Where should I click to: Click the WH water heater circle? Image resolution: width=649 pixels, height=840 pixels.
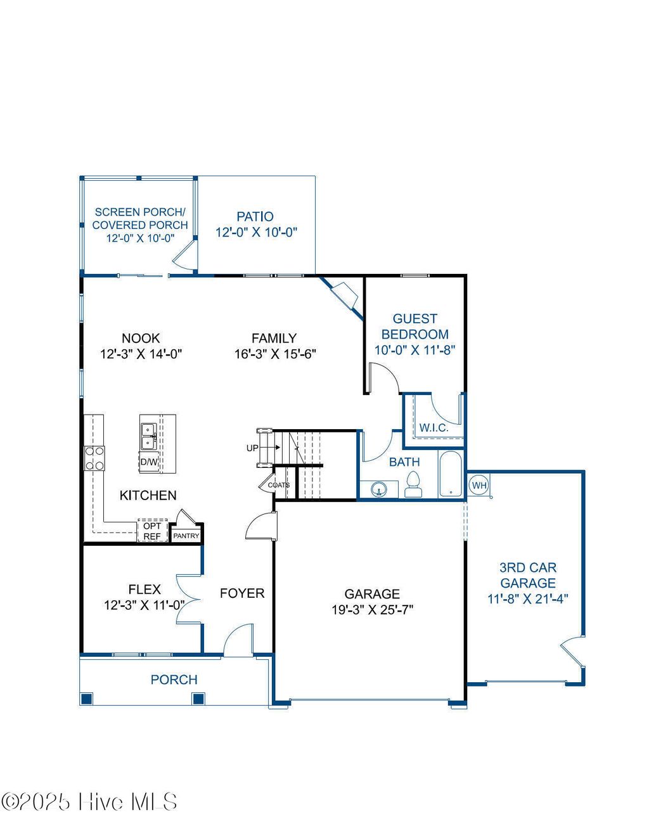click(479, 486)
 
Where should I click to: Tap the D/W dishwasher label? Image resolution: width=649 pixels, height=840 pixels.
click(149, 462)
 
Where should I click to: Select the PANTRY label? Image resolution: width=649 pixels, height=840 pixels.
click(186, 536)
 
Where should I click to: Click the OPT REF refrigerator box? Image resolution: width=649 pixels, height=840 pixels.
click(152, 531)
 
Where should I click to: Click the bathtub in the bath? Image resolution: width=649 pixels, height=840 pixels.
click(451, 474)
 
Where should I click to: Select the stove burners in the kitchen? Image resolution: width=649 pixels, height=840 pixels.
click(95, 458)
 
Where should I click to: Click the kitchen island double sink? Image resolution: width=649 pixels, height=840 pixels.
click(149, 436)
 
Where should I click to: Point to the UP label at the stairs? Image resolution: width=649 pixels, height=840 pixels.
click(252, 448)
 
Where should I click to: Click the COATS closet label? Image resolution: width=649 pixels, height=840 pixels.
click(278, 485)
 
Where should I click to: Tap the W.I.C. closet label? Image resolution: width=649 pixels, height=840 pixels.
click(434, 428)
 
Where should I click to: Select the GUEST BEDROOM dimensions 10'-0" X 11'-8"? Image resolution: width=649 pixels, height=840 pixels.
click(414, 350)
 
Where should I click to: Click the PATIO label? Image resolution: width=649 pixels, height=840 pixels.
click(255, 217)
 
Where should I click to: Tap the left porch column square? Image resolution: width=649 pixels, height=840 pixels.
click(87, 699)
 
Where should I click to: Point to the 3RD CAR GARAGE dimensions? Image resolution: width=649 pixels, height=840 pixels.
click(527, 598)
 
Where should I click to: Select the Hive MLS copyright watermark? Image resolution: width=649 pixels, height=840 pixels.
click(89, 802)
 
